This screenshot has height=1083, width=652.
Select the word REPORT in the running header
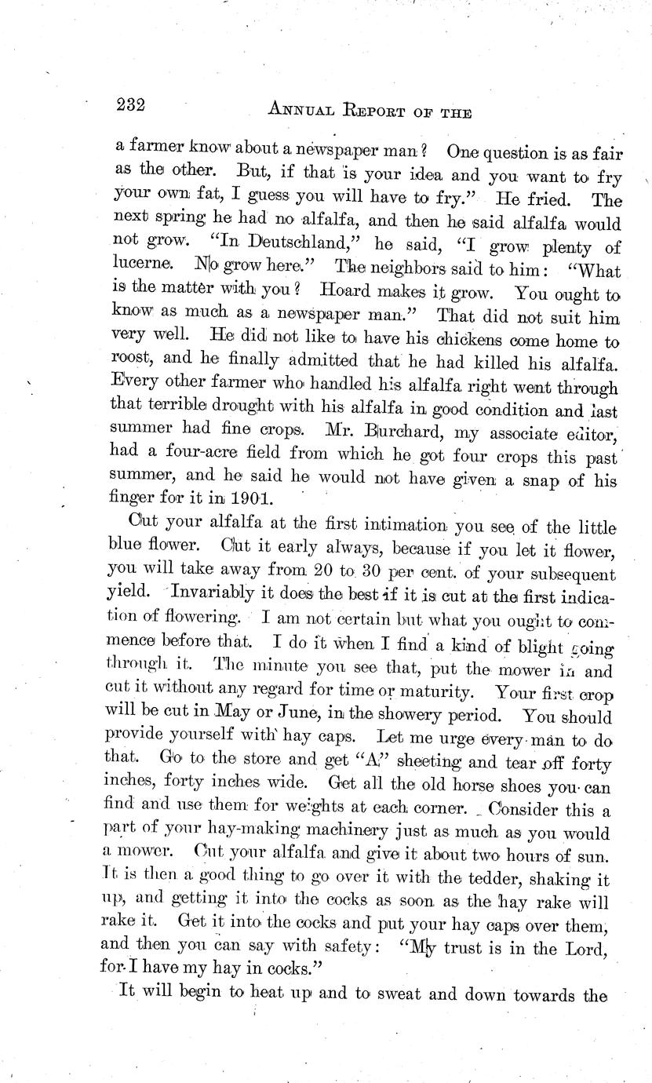pyautogui.click(x=387, y=111)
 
